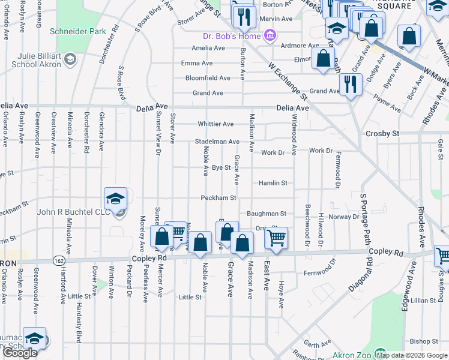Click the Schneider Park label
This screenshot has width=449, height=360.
click(x=78, y=31)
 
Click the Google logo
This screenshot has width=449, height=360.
click(x=20, y=353)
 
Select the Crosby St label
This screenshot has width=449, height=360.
click(x=382, y=133)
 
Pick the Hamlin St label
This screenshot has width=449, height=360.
click(x=273, y=182)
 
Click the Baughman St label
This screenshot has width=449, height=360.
click(x=267, y=213)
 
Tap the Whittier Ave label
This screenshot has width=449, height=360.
click(x=215, y=124)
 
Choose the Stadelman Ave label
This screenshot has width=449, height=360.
click(x=217, y=142)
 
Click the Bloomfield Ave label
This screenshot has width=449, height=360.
click(x=208, y=78)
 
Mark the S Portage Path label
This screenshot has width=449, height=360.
click(x=363, y=219)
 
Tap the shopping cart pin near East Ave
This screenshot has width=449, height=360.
click(x=276, y=237)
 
